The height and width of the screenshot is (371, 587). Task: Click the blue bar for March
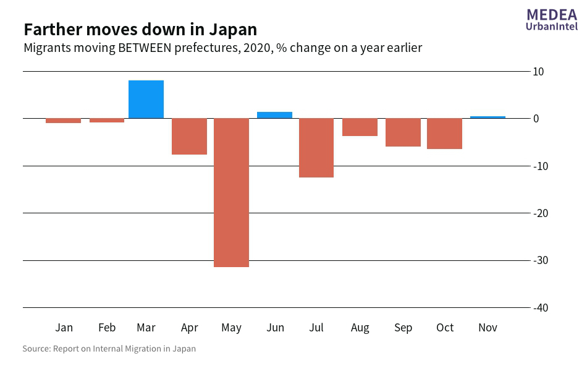[146, 100]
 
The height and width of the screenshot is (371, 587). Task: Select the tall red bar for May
[231, 192]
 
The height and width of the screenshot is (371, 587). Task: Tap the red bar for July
[316, 148]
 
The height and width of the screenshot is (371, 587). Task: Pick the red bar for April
[189, 136]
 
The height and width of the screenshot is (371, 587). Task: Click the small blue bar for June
[274, 115]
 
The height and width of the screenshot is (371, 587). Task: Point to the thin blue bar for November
[488, 117]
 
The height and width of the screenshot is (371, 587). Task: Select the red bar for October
[444, 134]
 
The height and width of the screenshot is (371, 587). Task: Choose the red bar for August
[360, 127]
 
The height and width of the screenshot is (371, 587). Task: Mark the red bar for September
[403, 132]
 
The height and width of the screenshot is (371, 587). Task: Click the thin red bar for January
[64, 121]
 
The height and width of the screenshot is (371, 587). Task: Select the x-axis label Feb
[107, 328]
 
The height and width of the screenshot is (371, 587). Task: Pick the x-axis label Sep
[403, 328]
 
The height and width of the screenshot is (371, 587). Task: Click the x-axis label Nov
[488, 328]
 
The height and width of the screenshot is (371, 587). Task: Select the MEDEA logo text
[552, 15]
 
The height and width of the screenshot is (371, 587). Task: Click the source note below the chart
[109, 349]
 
